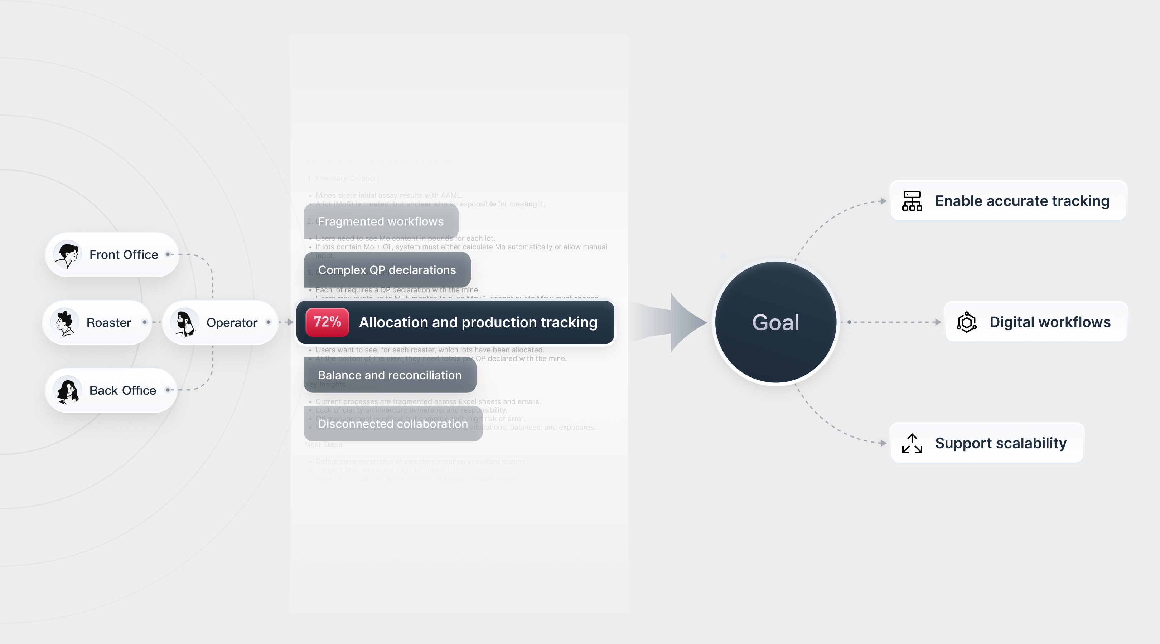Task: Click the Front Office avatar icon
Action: [x=67, y=255]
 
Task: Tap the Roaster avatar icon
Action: [x=65, y=322]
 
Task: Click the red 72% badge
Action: [x=327, y=322]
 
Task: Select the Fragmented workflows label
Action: [x=381, y=221]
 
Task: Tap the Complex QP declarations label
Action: [x=387, y=270]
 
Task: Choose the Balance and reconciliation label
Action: [x=390, y=375]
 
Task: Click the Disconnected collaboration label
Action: [x=393, y=424]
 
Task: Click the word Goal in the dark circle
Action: [x=775, y=322]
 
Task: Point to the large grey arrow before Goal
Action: [x=676, y=322]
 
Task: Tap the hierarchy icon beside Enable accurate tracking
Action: [x=912, y=201]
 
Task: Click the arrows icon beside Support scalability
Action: [x=912, y=443]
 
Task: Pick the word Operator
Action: [x=231, y=323]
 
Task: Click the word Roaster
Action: [x=108, y=323]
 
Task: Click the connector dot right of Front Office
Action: [x=168, y=254]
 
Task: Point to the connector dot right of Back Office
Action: [x=168, y=390]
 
